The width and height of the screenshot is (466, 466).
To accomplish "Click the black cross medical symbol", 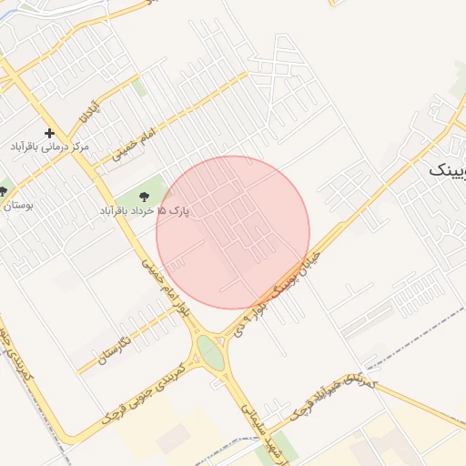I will point(49,133).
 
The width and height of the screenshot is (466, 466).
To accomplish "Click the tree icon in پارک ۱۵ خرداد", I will point(143,196).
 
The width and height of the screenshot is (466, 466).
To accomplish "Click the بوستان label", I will point(16,207).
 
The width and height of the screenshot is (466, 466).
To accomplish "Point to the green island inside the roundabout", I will point(210,354).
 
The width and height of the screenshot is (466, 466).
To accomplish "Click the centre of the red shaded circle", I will point(233,232).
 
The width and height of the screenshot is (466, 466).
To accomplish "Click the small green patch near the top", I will point(139,88).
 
